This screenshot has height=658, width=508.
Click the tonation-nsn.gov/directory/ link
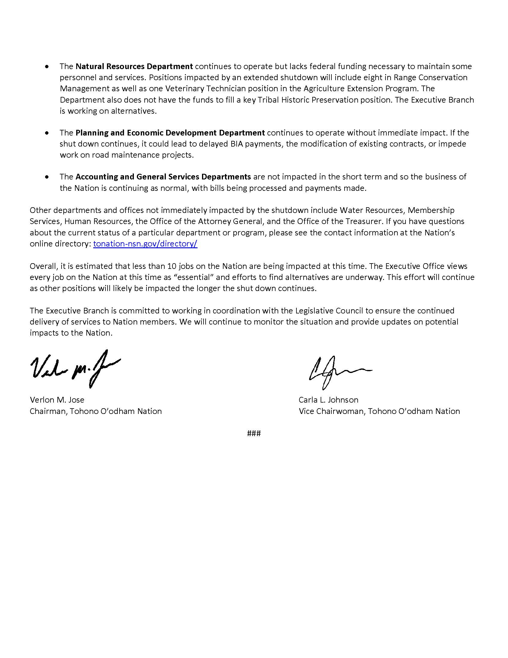[x=145, y=244]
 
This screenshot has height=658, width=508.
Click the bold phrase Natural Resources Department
[x=134, y=66]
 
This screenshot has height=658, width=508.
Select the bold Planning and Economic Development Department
[x=170, y=133]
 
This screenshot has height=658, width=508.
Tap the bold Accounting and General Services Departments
[x=163, y=177]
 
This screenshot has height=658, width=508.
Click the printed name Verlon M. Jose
[x=57, y=400]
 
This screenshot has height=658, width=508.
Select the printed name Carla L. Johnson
[x=328, y=400]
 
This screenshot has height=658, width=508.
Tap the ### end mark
[x=254, y=433]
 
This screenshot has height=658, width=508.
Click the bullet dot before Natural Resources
[x=47, y=67]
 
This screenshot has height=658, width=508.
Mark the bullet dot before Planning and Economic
[x=47, y=133]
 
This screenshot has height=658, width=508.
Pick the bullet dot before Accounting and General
[x=47, y=177]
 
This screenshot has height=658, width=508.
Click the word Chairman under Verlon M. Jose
[x=48, y=411]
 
